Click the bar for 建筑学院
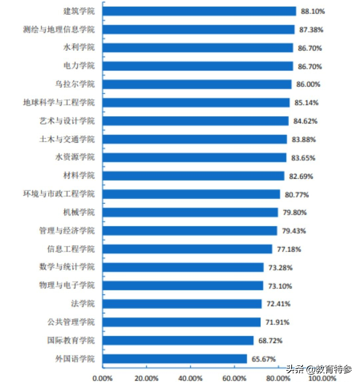[199, 11]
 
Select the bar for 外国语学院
[175, 359]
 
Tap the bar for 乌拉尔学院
[197, 84]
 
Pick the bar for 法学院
[182, 304]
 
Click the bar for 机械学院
[190, 212]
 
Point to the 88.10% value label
[313, 11]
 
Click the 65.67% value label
[263, 359]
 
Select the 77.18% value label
[289, 249]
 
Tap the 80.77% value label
[297, 194]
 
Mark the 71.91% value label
[277, 322]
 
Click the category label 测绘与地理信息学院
[59, 30]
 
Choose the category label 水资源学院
[75, 157]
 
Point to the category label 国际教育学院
[71, 341]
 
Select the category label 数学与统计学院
[67, 267]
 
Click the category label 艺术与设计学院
[67, 121]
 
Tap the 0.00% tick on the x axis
[103, 378]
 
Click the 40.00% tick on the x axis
[190, 378]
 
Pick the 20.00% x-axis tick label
[146, 378]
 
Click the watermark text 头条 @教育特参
[319, 369]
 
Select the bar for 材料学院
[193, 176]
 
